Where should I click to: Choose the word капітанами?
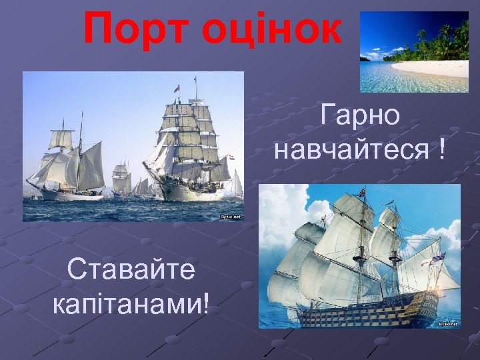[127, 303]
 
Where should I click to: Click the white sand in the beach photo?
[433, 68]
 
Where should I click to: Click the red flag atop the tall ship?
[177, 88]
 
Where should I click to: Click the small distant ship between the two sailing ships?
[121, 180]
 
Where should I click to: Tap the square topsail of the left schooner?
[61, 139]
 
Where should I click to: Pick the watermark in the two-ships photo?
[231, 217]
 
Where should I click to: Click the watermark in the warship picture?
[449, 323]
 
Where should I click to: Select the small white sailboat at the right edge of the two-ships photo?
[237, 183]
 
